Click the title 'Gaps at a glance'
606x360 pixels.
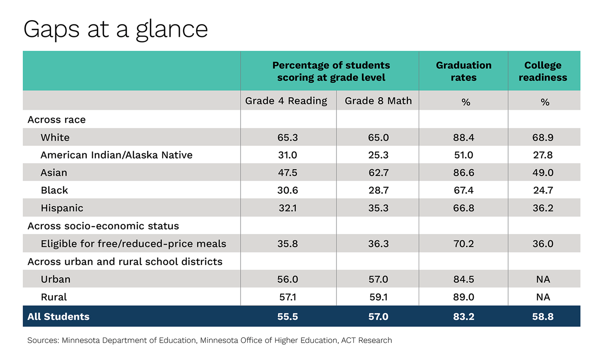coord(115,29)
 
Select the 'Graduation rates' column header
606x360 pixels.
coord(463,71)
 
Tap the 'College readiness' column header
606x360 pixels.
coord(542,71)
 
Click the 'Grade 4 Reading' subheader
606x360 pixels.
coord(286,101)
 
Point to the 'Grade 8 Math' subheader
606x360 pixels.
coord(378,101)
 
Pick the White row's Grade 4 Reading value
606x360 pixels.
coord(287,138)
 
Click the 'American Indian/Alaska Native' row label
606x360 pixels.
coord(116,155)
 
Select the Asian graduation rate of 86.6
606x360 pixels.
coord(463,173)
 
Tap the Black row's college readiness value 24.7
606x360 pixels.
coord(542,190)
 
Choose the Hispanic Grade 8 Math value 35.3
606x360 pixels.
coord(378,208)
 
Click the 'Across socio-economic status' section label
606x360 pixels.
coord(103,226)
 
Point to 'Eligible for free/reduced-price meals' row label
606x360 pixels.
coord(133,244)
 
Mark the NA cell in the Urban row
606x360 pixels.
coord(543,280)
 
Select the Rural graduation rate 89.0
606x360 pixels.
coord(463,297)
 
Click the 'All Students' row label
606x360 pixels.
coord(58,317)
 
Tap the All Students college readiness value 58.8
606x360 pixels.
coord(542,317)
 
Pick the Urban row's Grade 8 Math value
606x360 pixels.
coord(378,280)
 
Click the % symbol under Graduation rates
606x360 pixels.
coord(465,102)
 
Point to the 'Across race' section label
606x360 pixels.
coord(56,120)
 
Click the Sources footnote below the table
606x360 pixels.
coord(210,340)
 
